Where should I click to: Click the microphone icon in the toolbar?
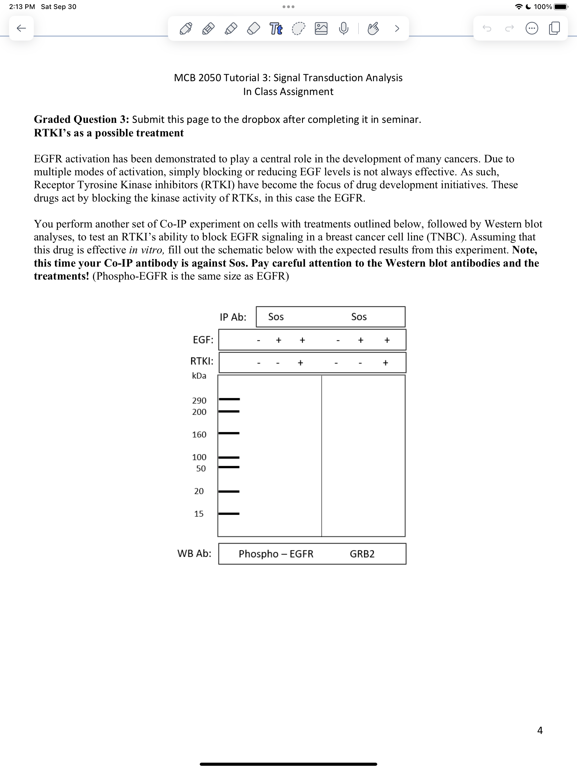coord(343,28)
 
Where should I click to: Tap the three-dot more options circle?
coord(531,28)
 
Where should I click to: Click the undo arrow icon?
coord(487,28)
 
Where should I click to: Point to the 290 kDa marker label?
coord(199,400)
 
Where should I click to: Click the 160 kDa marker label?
coord(199,434)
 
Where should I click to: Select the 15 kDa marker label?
coord(199,514)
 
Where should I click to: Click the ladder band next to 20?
coord(229,491)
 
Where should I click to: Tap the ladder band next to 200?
coord(229,411)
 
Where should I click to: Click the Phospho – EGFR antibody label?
coord(276,554)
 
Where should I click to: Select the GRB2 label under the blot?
coord(362,554)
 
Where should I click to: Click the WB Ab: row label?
coord(194,553)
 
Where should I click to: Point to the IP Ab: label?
coord(233,317)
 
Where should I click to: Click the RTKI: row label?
coord(202,361)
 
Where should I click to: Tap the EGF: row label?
coord(203,339)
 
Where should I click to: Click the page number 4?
coord(540,730)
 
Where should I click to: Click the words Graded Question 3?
coord(81,120)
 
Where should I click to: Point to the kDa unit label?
coord(199,376)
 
